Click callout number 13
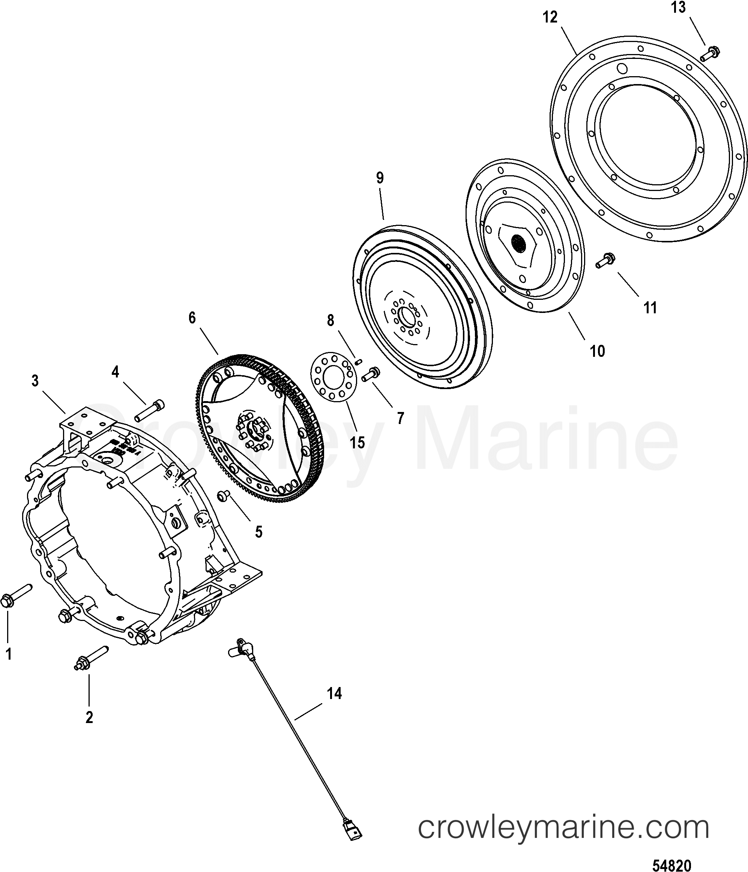click(x=678, y=8)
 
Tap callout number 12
click(x=550, y=18)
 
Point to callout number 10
click(x=598, y=350)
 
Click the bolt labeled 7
click(x=370, y=374)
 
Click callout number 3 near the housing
click(x=35, y=380)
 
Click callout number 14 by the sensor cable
click(x=335, y=693)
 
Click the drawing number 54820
click(x=671, y=865)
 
